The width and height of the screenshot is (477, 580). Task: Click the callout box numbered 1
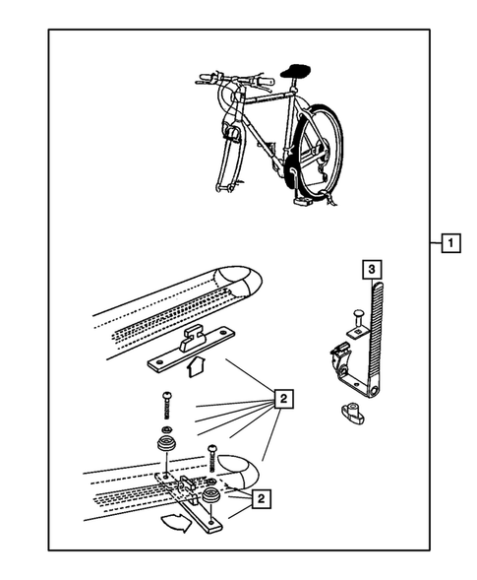pyautogui.click(x=450, y=243)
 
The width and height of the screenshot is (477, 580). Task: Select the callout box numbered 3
pyautogui.click(x=372, y=269)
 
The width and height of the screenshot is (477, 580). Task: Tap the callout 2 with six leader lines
pyautogui.click(x=283, y=399)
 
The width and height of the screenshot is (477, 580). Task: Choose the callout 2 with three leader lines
pyautogui.click(x=261, y=498)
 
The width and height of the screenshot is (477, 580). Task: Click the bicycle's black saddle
pyautogui.click(x=295, y=70)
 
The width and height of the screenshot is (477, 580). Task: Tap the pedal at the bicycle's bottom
pyautogui.click(x=303, y=201)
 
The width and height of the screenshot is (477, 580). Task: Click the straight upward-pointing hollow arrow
pyautogui.click(x=196, y=366)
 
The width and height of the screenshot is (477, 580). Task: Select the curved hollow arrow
pyautogui.click(x=176, y=522)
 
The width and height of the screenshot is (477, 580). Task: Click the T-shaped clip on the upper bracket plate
pyautogui.click(x=192, y=337)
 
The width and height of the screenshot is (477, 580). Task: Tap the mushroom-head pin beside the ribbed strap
pyautogui.click(x=358, y=317)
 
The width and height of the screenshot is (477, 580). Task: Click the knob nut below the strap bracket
pyautogui.click(x=351, y=412)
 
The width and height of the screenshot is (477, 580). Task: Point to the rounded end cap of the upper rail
pyautogui.click(x=242, y=281)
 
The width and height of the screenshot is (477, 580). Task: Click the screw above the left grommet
pyautogui.click(x=166, y=405)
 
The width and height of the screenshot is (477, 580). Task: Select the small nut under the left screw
pyautogui.click(x=166, y=429)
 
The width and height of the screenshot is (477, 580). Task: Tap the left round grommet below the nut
pyautogui.click(x=166, y=443)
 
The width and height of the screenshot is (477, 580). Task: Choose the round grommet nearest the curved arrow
pyautogui.click(x=211, y=495)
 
